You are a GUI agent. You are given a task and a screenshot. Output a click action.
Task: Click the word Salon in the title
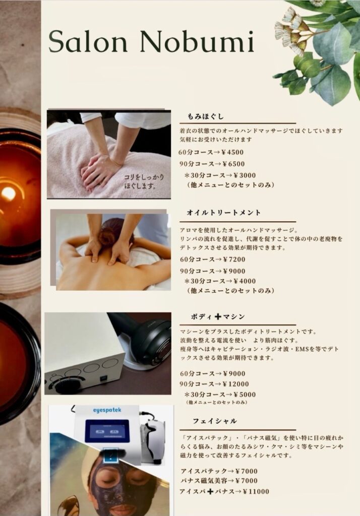coord(88,41)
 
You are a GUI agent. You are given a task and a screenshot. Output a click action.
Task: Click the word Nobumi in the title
coord(197,41)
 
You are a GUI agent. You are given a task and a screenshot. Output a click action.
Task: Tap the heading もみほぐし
coord(206,116)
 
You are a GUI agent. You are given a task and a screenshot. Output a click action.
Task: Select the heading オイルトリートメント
coord(224,213)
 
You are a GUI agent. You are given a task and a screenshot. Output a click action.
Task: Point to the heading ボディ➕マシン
coord(218,316)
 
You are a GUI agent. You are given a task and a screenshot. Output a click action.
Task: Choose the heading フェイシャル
coord(215,421)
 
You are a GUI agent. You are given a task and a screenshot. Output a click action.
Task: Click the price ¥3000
coord(245,175)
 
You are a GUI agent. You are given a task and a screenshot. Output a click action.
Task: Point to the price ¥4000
coord(245,281)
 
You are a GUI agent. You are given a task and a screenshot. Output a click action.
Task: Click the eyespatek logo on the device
coord(107,410)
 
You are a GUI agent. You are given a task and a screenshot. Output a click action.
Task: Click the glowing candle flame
coord(9,193)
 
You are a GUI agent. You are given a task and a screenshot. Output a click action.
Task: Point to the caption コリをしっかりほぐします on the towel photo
coord(144,181)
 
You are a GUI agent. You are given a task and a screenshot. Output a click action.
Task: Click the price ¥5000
coord(245,395)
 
